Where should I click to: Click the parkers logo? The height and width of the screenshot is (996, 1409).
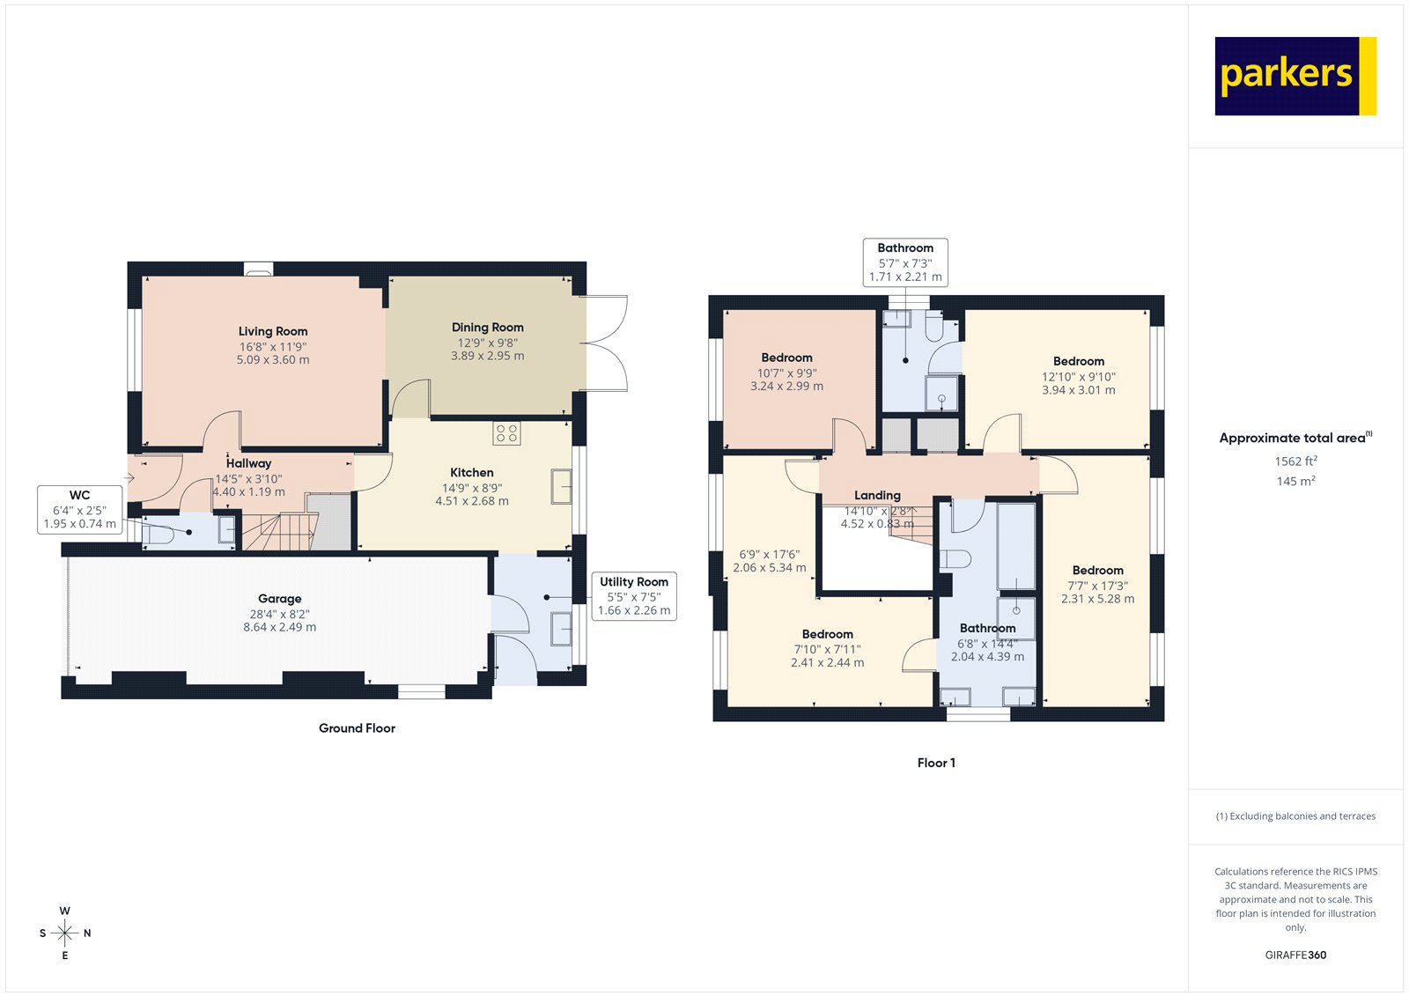1295,76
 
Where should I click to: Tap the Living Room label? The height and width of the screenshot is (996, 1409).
273,331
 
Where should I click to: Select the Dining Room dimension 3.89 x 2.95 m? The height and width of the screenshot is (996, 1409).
487,356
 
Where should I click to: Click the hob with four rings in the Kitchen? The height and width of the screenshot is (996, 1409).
506,432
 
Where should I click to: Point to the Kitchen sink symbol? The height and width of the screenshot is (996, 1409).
561,487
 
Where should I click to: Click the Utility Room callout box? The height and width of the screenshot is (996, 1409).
634,596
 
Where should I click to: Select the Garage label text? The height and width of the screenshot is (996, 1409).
280,598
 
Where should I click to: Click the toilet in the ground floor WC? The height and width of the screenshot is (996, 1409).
162,534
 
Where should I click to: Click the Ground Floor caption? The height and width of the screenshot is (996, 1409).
357,728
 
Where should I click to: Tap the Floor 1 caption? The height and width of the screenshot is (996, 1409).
936,763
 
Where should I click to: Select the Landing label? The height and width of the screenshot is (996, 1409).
877,495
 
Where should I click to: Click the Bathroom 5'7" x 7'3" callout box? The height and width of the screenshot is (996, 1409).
905,262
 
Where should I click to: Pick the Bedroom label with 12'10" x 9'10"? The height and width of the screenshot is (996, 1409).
1079,361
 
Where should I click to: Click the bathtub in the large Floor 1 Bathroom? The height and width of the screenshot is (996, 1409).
1016,546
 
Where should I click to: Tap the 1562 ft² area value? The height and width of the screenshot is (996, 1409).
1295,461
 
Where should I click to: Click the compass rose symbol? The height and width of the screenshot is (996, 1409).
65,933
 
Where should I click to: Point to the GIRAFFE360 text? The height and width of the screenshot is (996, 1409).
1295,955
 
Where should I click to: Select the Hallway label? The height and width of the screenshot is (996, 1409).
248,463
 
